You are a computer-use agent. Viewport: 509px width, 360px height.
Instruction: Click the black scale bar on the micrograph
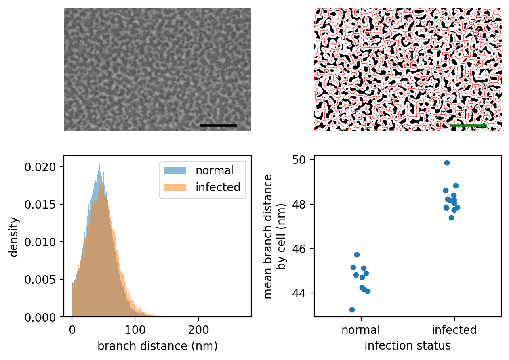[x=218, y=126]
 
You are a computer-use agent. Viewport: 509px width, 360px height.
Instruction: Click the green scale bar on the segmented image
[x=468, y=126]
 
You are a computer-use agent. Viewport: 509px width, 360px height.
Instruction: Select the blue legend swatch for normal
[x=175, y=171]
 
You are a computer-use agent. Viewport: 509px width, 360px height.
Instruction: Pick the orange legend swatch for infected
[x=175, y=187]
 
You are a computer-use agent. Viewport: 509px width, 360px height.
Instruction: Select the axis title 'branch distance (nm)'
[x=158, y=346]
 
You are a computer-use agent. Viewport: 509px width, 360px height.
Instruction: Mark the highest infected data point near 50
[x=447, y=163]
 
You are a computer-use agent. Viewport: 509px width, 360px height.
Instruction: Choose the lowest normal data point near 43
[x=352, y=310]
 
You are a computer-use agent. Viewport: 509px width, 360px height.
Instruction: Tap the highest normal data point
[x=357, y=255]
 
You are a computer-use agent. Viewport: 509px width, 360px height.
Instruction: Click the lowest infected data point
[x=451, y=218]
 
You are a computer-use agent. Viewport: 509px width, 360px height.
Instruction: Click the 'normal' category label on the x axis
[x=361, y=330]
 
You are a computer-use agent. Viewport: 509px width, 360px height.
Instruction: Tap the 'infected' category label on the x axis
[x=454, y=330]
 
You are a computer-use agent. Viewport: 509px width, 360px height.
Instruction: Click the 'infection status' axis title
[x=408, y=346]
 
